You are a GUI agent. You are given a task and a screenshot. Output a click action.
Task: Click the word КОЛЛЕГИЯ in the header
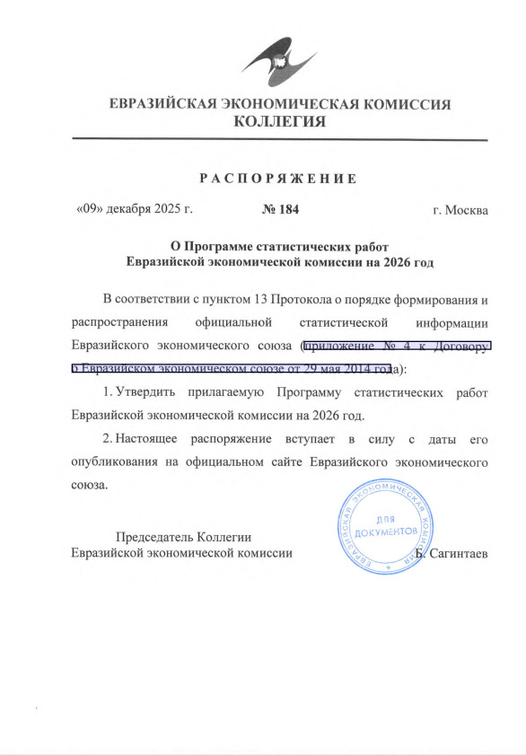coord(279,121)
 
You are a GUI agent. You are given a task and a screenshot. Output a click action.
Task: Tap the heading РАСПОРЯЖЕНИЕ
coord(278,178)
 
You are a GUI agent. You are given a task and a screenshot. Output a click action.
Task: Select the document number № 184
coord(278,210)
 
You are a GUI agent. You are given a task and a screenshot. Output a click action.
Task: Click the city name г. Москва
coord(460,210)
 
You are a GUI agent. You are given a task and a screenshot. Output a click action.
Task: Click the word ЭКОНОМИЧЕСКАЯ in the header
coord(278,103)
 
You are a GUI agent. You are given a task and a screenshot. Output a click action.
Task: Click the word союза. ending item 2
coord(89,486)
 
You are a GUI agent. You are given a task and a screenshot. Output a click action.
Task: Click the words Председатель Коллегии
coord(183,536)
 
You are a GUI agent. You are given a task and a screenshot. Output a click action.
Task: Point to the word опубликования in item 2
coord(124,463)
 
